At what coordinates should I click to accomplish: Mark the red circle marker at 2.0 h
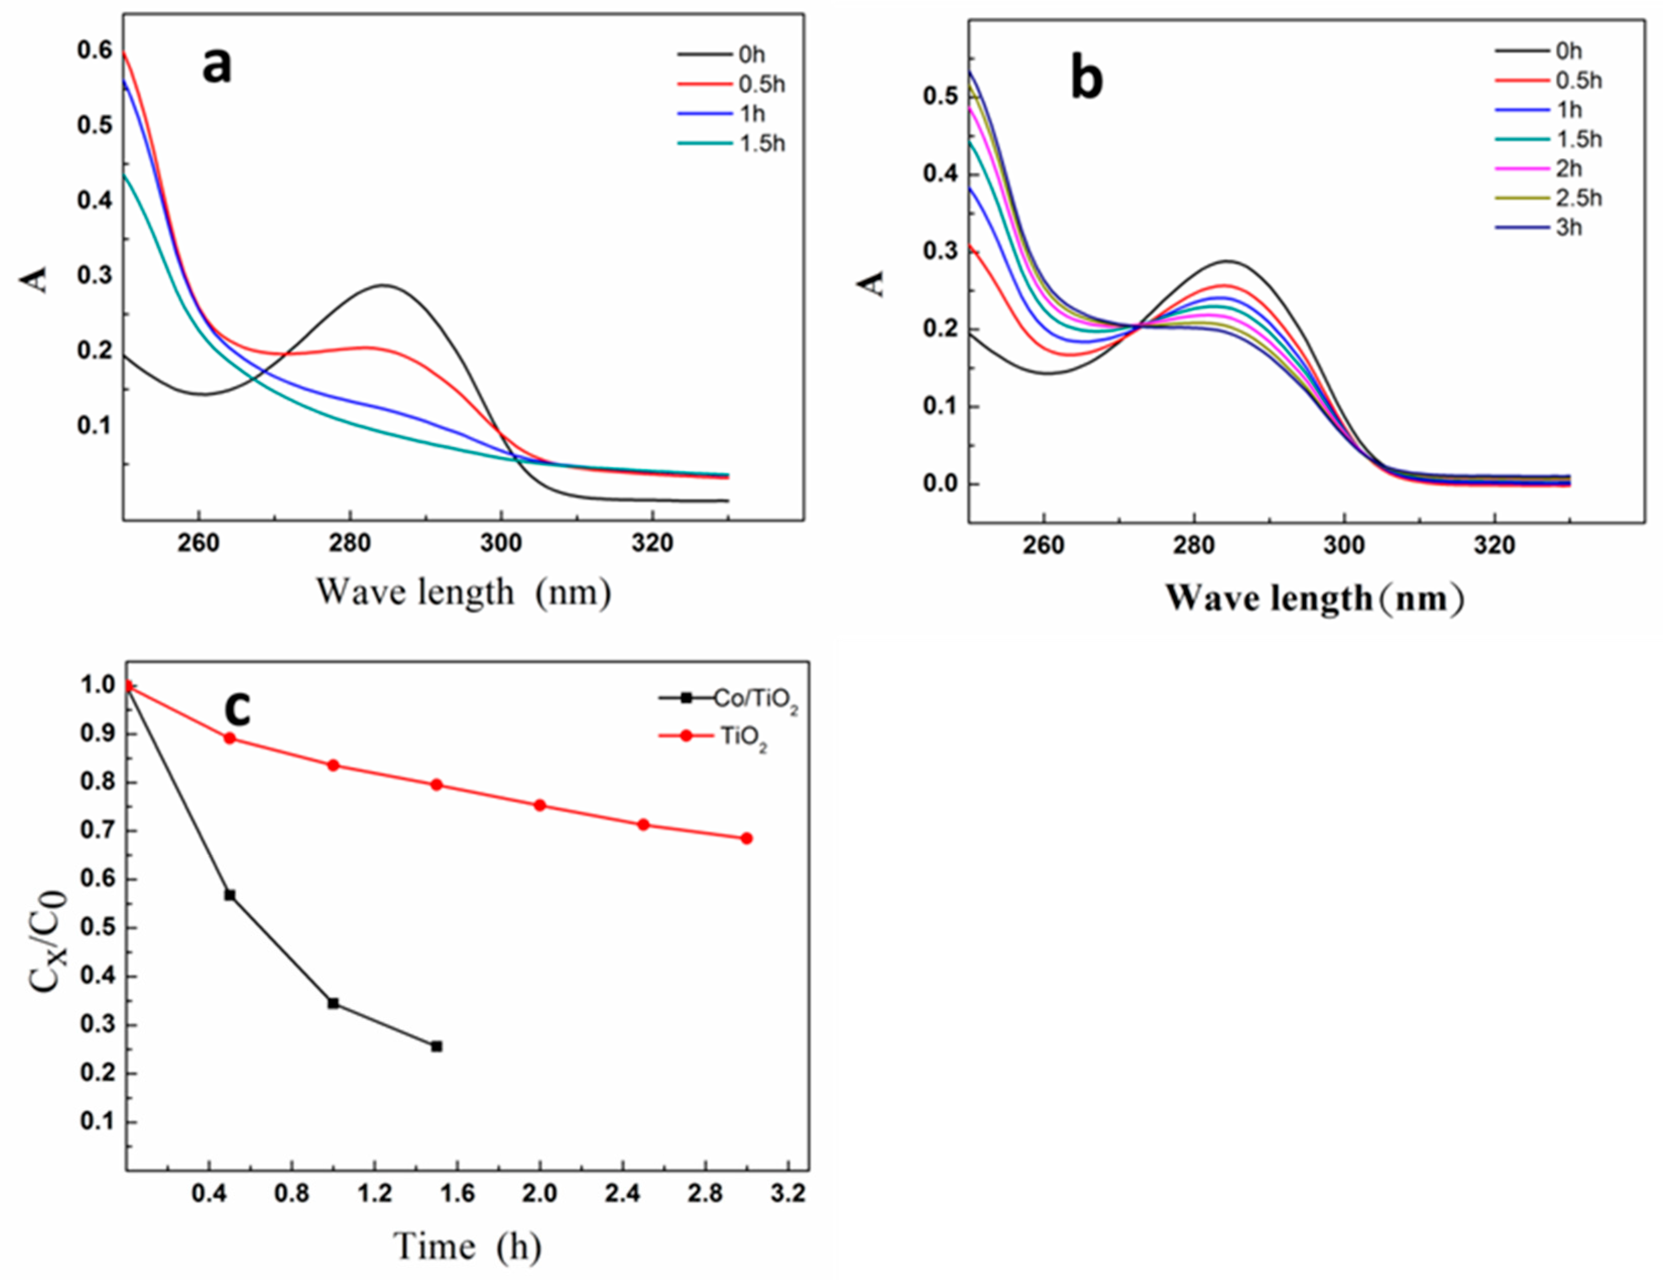pyautogui.click(x=540, y=805)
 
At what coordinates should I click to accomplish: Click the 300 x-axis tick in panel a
pyautogui.click(x=501, y=543)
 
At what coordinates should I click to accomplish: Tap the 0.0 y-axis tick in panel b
pyautogui.click(x=941, y=484)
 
